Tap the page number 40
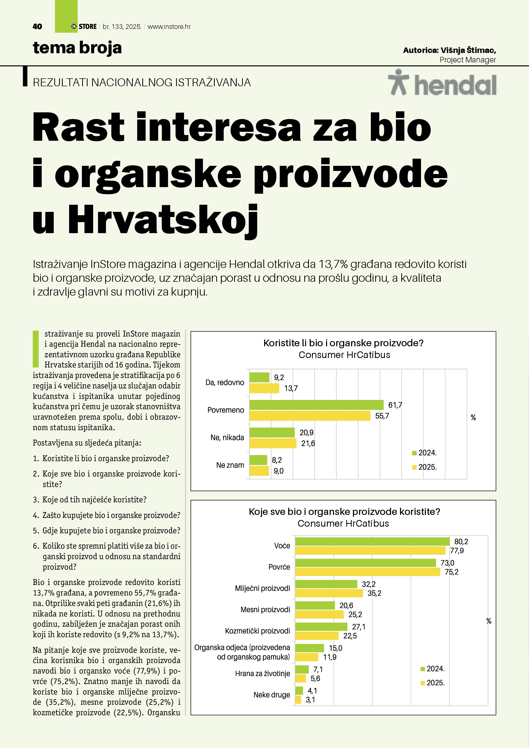(37, 27)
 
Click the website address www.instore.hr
(169, 27)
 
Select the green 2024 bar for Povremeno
(316, 405)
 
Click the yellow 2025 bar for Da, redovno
(264, 388)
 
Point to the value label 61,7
(395, 405)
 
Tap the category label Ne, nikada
(227, 438)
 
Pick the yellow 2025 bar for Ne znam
(259, 471)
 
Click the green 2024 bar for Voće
(372, 541)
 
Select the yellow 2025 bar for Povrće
(368, 572)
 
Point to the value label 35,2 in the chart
(374, 593)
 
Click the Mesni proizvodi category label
(265, 610)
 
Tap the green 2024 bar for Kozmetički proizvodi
(321, 626)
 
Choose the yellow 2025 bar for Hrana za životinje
(301, 678)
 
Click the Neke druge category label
(272, 695)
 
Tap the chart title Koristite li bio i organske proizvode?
(343, 343)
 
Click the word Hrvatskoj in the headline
(163, 220)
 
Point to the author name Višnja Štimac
(468, 50)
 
